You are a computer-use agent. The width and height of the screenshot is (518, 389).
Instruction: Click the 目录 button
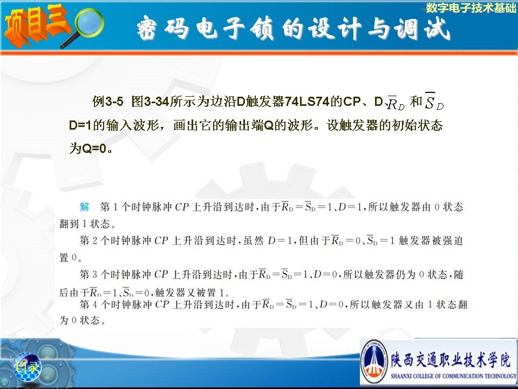(x=28, y=367)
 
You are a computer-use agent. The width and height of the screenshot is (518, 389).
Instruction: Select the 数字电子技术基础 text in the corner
(x=471, y=8)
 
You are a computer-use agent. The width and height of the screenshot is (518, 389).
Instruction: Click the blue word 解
(x=85, y=207)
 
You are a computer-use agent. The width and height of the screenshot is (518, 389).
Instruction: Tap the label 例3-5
(x=108, y=101)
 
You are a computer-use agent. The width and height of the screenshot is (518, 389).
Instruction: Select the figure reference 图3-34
(x=151, y=101)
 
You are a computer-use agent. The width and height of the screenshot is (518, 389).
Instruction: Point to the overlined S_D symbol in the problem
(x=434, y=101)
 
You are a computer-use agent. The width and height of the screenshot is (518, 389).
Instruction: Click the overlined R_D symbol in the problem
(x=396, y=103)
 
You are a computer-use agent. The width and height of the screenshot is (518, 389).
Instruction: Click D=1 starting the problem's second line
(x=80, y=126)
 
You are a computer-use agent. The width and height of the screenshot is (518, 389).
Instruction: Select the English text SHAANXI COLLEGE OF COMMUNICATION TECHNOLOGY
(x=454, y=376)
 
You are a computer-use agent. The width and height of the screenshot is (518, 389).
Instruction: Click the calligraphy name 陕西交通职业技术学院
(x=451, y=360)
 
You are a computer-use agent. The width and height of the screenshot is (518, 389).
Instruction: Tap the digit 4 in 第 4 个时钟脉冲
(x=95, y=304)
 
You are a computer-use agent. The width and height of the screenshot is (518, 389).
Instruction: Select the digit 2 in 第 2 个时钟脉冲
(x=95, y=240)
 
